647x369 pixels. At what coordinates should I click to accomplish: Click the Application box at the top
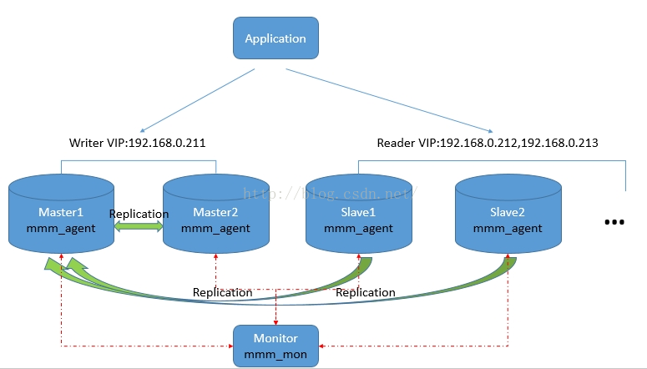coord(275,38)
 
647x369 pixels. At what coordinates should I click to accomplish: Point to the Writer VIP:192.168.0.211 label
coord(137,143)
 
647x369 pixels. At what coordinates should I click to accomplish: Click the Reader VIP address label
coord(487,143)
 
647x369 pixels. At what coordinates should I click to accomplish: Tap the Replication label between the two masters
coord(139,214)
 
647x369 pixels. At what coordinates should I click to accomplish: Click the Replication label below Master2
coord(222,292)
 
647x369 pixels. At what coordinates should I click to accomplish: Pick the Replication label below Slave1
coord(366,292)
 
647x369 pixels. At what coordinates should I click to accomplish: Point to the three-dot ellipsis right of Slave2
coord(614,222)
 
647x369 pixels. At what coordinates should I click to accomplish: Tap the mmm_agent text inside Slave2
coord(508,228)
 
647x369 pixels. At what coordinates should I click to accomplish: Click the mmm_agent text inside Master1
coord(60,228)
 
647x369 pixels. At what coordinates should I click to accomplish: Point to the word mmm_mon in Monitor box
coord(275,354)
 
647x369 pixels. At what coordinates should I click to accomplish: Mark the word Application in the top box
coord(275,38)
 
